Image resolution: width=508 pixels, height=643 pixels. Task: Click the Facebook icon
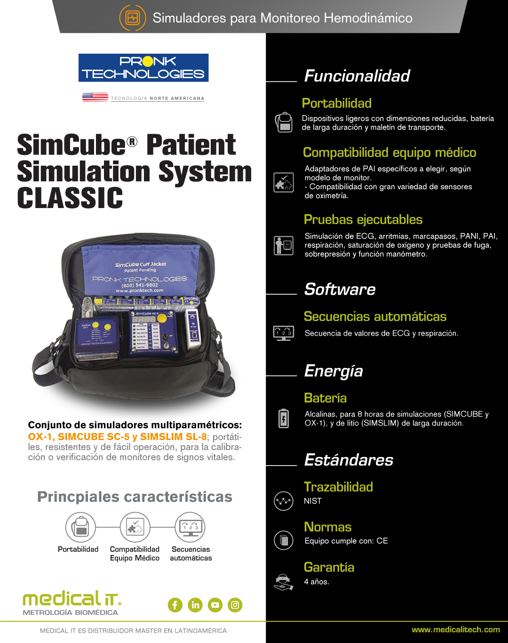tap(175, 605)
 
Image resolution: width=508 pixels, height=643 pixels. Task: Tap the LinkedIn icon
tap(195, 605)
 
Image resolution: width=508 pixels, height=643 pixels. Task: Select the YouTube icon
tap(215, 605)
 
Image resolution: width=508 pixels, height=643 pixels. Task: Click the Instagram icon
tap(235, 605)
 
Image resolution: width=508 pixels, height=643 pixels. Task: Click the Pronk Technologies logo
tap(143, 68)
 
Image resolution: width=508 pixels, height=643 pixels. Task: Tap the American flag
tap(95, 97)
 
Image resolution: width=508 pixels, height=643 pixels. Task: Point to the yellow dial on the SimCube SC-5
tap(162, 317)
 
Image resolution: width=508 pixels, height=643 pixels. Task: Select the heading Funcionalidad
tap(357, 76)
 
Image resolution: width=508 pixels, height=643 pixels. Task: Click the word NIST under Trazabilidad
tap(313, 501)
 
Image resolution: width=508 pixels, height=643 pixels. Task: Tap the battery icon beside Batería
tap(284, 418)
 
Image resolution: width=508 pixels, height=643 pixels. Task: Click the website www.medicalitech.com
tap(456, 629)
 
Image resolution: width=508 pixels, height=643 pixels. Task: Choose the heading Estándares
tap(349, 460)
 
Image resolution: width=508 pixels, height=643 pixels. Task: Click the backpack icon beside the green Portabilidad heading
tap(284, 122)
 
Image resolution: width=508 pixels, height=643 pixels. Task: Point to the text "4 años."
tap(317, 581)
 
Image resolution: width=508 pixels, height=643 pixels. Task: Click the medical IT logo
tap(72, 603)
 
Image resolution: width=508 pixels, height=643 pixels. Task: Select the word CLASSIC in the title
tap(70, 198)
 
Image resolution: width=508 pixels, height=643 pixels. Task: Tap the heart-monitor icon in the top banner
tap(133, 18)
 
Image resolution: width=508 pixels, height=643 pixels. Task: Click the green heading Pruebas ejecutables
tap(363, 220)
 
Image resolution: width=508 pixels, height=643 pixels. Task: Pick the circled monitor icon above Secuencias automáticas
tap(190, 527)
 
